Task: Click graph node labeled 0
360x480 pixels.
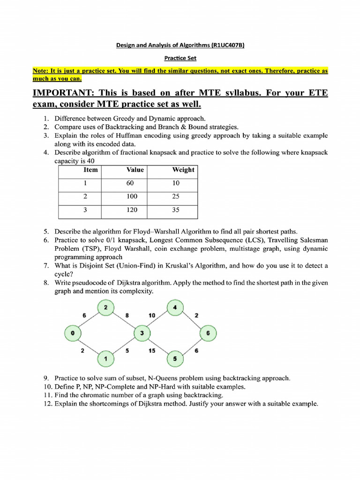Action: pyautogui.click(x=72, y=333)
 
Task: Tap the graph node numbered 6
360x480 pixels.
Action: pyautogui.click(x=208, y=333)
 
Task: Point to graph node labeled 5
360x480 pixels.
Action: pyautogui.click(x=174, y=359)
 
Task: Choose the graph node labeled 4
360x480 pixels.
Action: pyautogui.click(x=174, y=307)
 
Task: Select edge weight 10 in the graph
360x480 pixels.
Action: pyautogui.click(x=152, y=316)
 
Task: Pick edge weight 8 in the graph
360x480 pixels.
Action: pyautogui.click(x=127, y=316)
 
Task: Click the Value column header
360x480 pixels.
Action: pyautogui.click(x=135, y=170)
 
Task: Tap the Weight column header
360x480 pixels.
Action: pyautogui.click(x=183, y=170)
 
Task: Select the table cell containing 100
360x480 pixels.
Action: pyautogui.click(x=132, y=197)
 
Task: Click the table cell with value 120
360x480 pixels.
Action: pyautogui.click(x=132, y=210)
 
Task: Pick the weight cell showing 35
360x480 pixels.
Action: pyautogui.click(x=176, y=210)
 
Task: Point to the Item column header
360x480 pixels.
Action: pyautogui.click(x=90, y=170)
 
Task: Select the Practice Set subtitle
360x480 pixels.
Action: pyautogui.click(x=180, y=59)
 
